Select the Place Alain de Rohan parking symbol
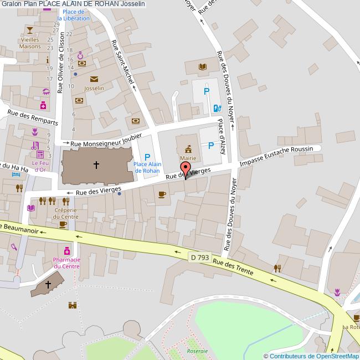point(147,157)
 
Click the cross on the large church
point(96,164)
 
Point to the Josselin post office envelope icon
point(94,79)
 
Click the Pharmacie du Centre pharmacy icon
point(67,250)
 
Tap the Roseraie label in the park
point(198,351)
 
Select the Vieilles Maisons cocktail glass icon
point(30,29)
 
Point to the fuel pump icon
point(217,107)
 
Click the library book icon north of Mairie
point(202,68)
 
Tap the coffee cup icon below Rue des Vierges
point(162,194)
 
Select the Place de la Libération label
point(76,15)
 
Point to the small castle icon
point(71,305)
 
